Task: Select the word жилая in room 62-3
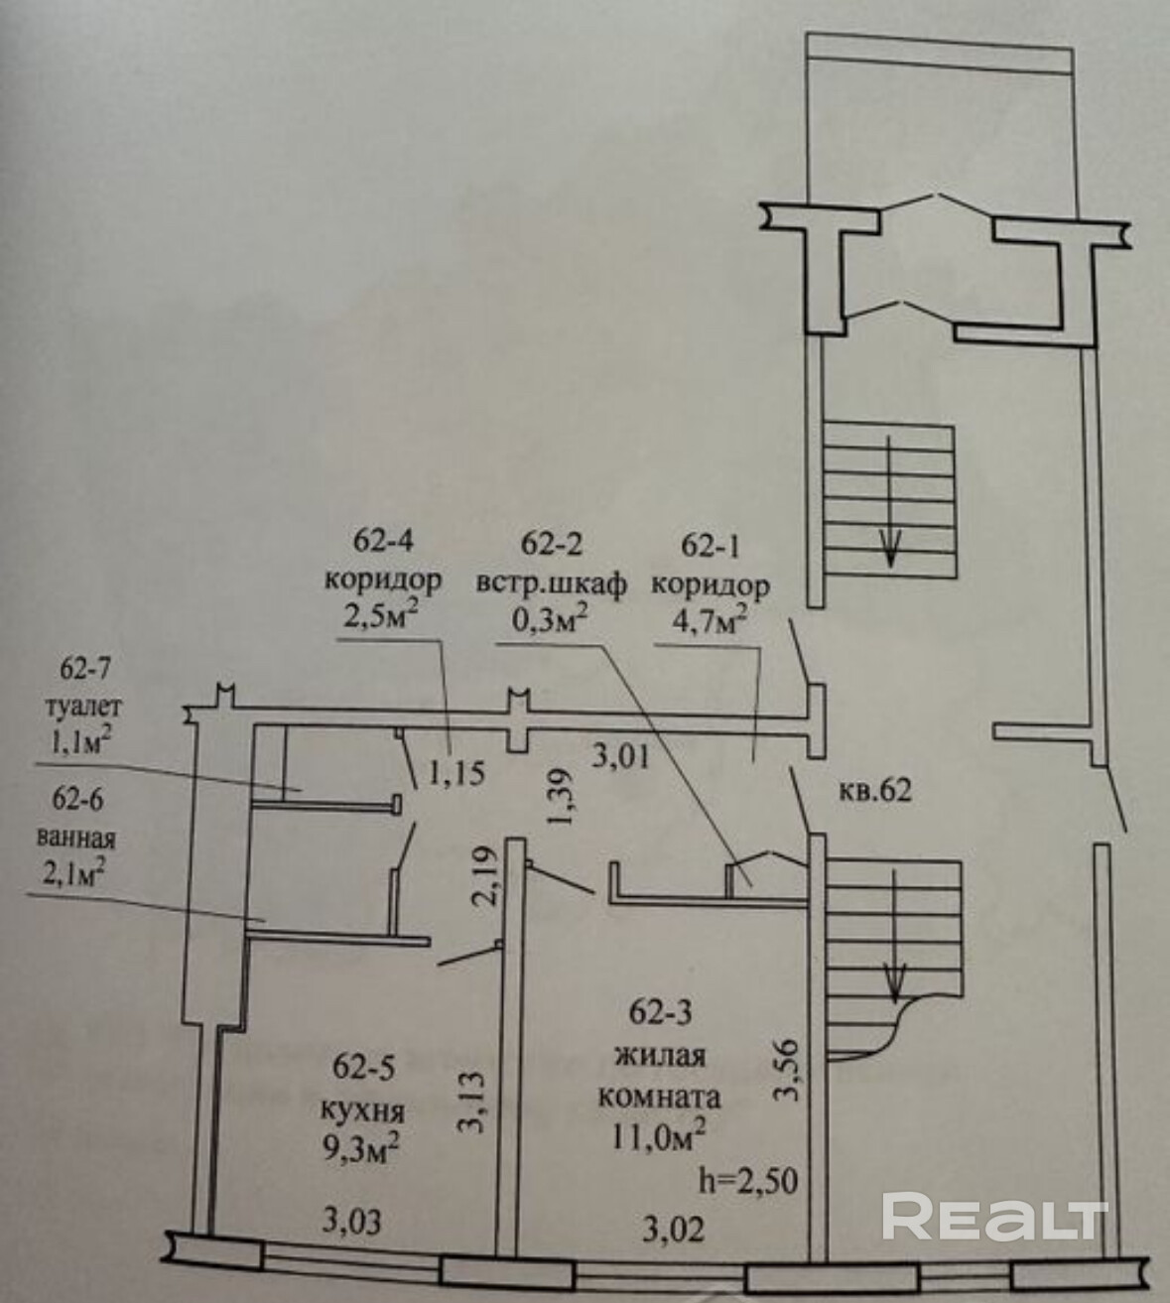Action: [666, 1055]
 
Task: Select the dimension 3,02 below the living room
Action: [671, 1230]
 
